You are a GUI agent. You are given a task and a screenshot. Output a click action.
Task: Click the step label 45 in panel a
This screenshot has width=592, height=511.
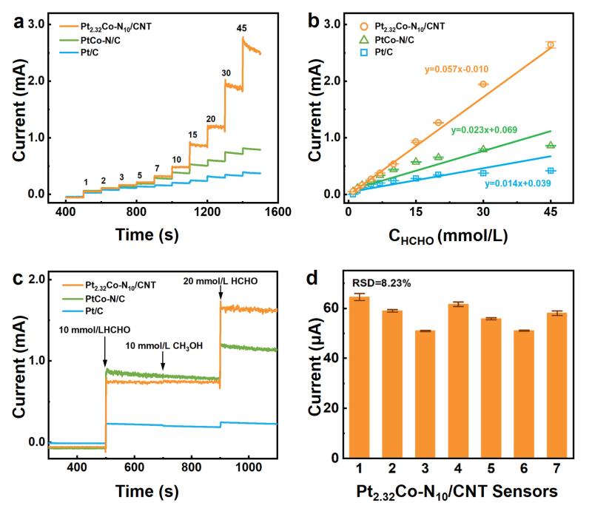click(241, 28)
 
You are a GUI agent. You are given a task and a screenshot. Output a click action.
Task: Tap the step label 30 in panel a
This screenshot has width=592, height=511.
click(226, 73)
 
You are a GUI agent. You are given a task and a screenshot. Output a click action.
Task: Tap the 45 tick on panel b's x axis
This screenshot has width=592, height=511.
click(551, 212)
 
